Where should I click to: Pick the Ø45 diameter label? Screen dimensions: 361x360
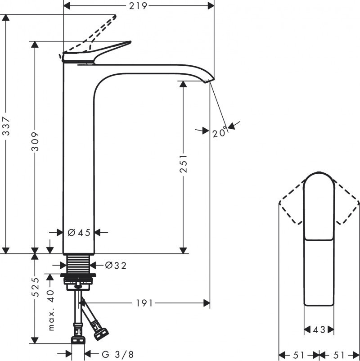point(79,232)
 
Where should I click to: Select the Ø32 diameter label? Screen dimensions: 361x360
point(116,265)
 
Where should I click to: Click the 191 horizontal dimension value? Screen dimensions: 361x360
point(145,303)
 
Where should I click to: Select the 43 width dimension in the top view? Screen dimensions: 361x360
point(319,330)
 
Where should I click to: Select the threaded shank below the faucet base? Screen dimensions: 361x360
point(80,263)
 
